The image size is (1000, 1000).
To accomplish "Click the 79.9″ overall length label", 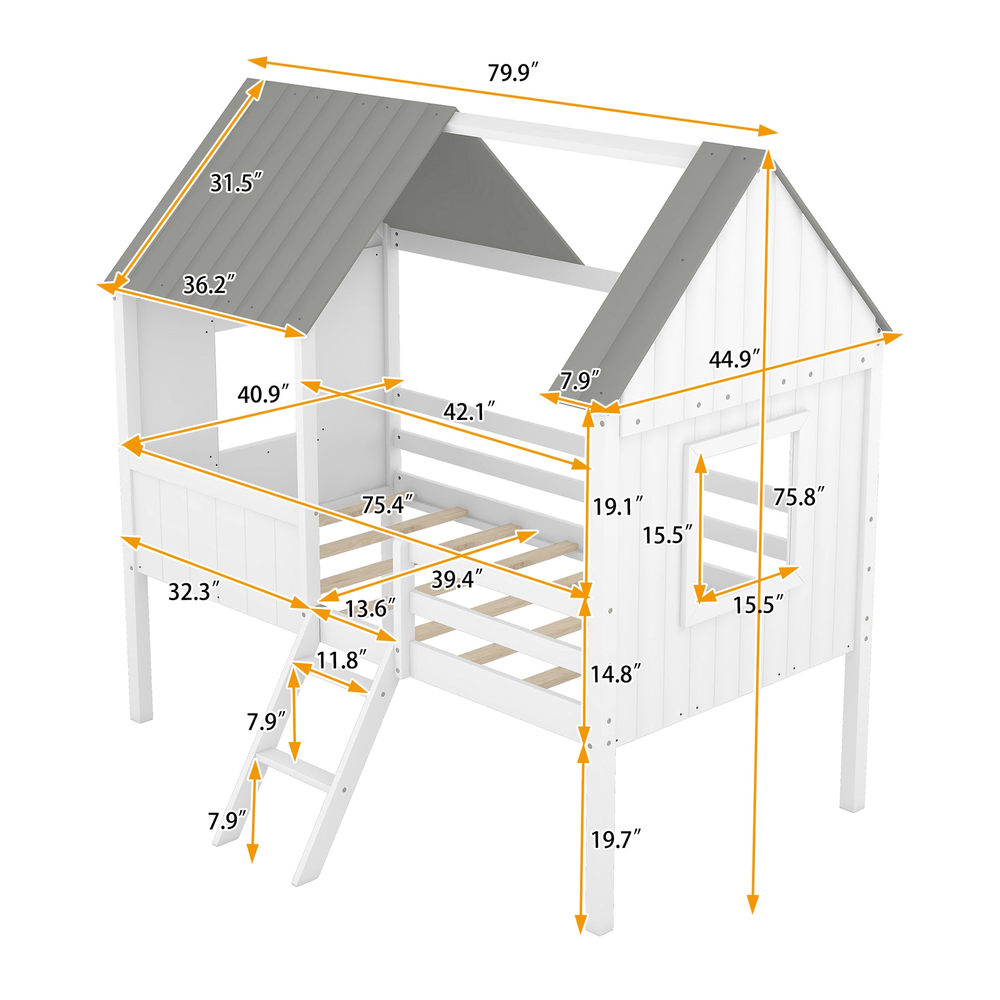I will pos(513,73).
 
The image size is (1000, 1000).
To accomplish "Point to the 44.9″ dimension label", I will pos(734,359).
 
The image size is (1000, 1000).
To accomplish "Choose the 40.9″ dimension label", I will pos(263,395).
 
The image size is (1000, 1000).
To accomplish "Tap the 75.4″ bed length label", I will pos(387,505).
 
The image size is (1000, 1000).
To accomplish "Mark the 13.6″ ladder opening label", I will pos(370,609).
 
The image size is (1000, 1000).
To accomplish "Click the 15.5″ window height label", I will pos(667,534).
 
